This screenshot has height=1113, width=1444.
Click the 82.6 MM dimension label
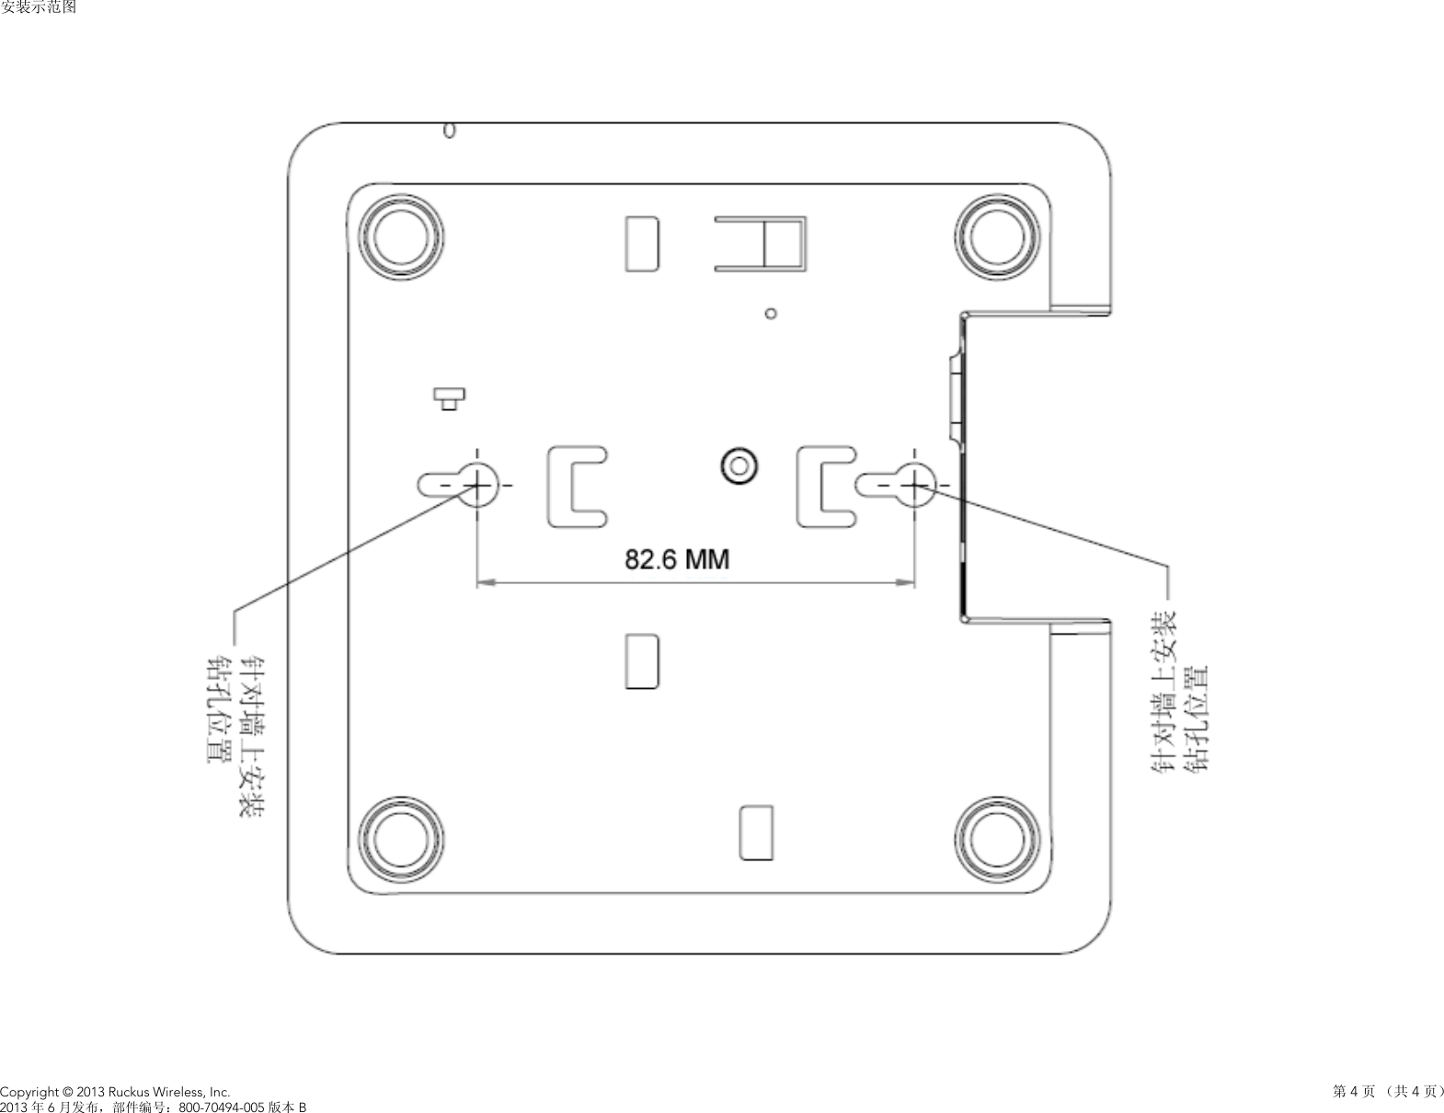677,558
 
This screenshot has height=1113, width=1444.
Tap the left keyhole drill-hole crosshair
476,483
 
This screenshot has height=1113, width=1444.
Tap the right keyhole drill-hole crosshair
913,483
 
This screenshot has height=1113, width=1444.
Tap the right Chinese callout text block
1179,694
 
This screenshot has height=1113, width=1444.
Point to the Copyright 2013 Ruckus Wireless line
109,1091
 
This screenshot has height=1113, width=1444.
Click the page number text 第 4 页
1354,1091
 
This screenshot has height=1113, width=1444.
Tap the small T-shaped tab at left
449,398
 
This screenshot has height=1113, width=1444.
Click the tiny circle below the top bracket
771,313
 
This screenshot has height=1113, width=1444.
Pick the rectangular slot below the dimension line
641,660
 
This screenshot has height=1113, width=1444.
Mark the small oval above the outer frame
449,131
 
